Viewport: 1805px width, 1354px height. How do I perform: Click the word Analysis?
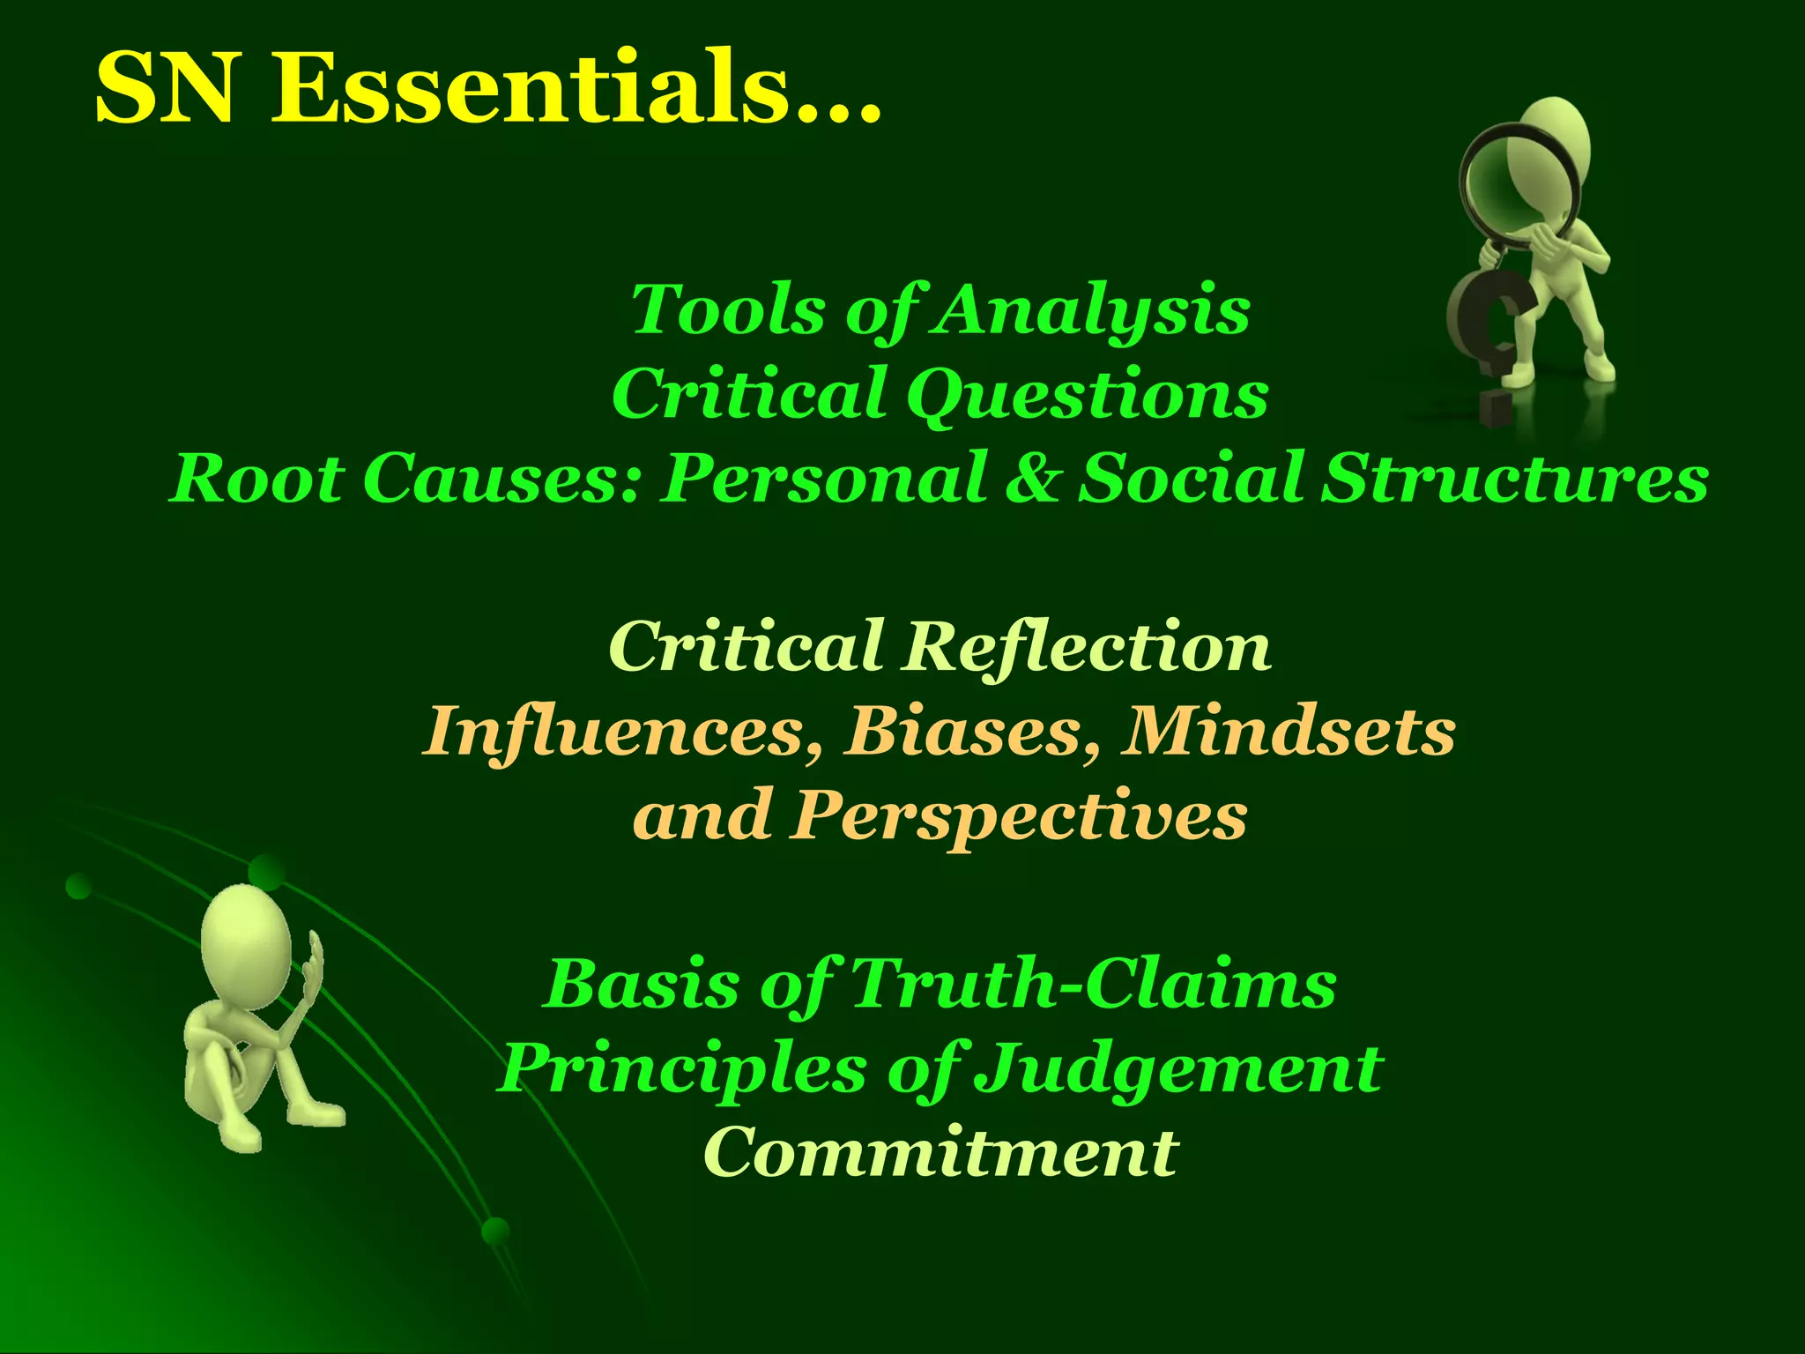tap(1092, 310)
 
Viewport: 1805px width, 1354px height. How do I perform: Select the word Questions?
tap(1088, 395)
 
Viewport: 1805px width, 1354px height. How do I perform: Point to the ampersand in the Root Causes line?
tap(1033, 478)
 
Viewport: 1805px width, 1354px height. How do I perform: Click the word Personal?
tap(824, 478)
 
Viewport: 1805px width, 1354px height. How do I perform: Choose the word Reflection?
tap(1088, 646)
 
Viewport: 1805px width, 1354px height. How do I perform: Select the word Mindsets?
tap(1288, 731)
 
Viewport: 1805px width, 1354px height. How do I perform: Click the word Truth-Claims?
tap(1093, 984)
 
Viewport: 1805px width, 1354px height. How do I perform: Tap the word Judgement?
tap(1181, 1069)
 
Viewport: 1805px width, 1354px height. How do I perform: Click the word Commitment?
tap(940, 1152)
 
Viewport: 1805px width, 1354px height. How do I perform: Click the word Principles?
tap(683, 1069)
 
